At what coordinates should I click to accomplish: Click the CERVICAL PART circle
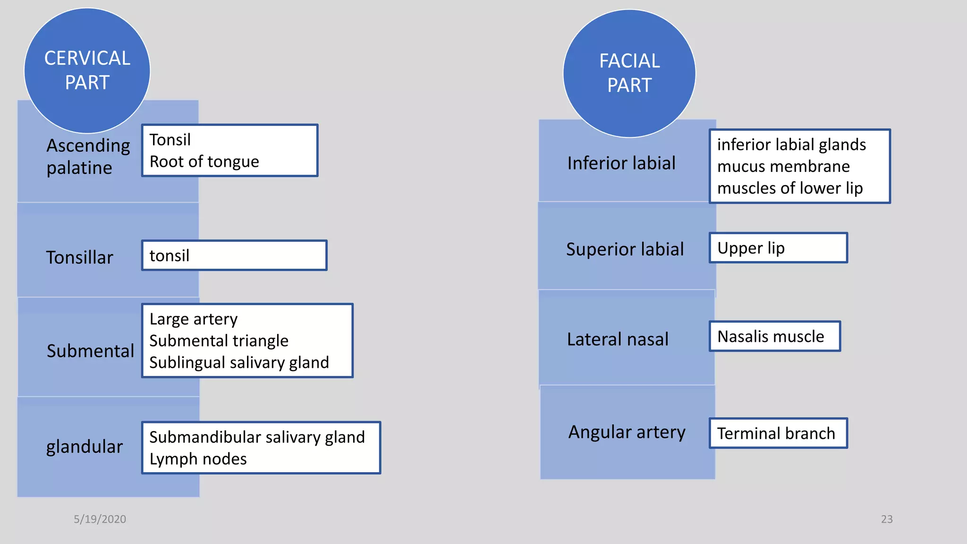pos(87,71)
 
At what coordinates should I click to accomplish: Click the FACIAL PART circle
pos(629,74)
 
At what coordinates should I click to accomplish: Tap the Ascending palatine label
pos(88,157)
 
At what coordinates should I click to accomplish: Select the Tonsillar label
pos(79,258)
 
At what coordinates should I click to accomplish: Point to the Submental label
pos(90,351)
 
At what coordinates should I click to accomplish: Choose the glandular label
pos(84,447)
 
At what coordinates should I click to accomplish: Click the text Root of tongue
pos(204,162)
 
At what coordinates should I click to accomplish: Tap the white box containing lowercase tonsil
pos(234,255)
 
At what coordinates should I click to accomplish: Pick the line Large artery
pos(194,319)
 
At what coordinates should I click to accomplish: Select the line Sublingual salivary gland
pos(239,363)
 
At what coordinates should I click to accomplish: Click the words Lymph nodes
pos(198,459)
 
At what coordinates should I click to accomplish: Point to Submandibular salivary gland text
pos(257,437)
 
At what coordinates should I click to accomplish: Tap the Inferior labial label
pos(621,163)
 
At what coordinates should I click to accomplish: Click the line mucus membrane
pos(783,167)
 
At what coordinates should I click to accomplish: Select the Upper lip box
pos(778,248)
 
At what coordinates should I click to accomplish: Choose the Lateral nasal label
pos(618,340)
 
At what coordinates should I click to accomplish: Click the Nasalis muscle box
pos(774,337)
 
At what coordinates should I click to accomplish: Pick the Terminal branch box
pos(778,433)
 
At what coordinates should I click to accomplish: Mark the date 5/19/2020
pos(100,519)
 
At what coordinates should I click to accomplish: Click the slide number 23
pos(887,519)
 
